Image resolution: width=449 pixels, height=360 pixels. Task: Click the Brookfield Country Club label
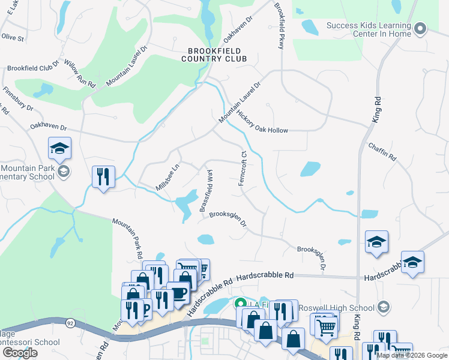217,55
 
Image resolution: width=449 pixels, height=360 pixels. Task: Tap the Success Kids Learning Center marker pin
420,28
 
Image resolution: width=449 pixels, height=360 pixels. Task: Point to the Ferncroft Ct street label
244,168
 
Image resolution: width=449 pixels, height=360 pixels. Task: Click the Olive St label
12,37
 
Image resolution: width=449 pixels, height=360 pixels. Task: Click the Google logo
20,353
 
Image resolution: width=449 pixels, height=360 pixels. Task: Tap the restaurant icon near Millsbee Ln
103,176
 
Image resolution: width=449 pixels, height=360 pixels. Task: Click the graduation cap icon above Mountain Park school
60,148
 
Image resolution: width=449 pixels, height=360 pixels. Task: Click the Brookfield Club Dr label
32,65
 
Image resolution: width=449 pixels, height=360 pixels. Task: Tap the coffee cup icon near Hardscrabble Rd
178,292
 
